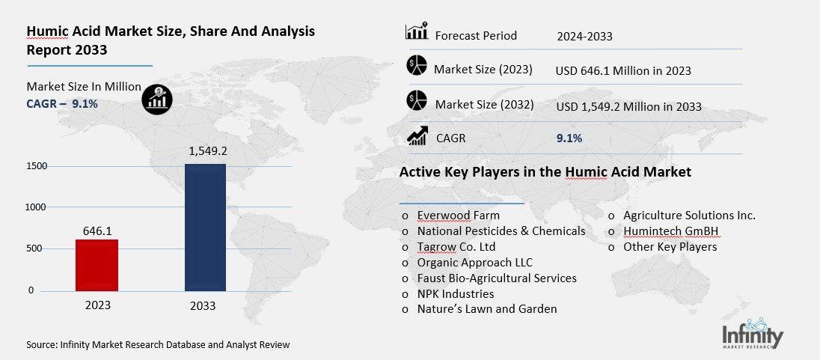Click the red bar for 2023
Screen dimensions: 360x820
tap(97, 265)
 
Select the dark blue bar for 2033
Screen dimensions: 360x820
tap(205, 227)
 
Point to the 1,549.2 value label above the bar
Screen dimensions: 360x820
tap(205, 151)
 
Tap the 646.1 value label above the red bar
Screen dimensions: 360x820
tap(97, 231)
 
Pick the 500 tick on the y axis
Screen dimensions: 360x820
tap(36, 248)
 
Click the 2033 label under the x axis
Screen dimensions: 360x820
tap(203, 305)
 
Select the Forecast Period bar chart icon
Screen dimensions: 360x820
tap(416, 31)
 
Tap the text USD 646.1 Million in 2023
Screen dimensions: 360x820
tap(623, 71)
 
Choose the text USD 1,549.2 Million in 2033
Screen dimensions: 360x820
tap(628, 107)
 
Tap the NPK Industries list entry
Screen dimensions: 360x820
tap(455, 293)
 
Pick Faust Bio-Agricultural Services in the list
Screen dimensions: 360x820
tap(497, 278)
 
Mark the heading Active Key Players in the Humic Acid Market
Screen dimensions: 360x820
tap(545, 172)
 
